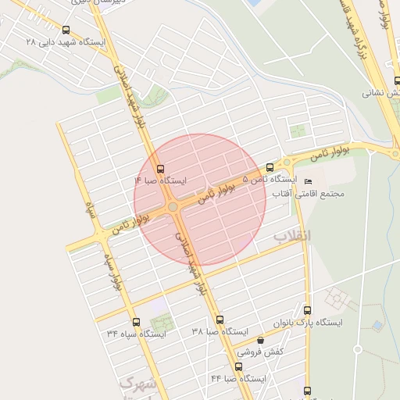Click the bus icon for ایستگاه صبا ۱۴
coord(161,168)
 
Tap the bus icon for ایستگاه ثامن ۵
coord(270,167)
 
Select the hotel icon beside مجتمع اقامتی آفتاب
coord(307,182)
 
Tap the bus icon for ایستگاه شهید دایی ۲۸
coord(66,30)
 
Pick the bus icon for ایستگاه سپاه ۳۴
coord(136,322)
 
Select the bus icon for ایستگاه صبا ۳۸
coord(220,320)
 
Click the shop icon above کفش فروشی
coord(260,341)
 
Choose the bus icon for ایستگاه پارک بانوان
coord(307,310)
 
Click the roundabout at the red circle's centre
coord(173,207)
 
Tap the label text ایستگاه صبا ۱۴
coord(161,180)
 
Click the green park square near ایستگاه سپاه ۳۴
coord(161,323)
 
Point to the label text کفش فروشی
coord(259,352)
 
